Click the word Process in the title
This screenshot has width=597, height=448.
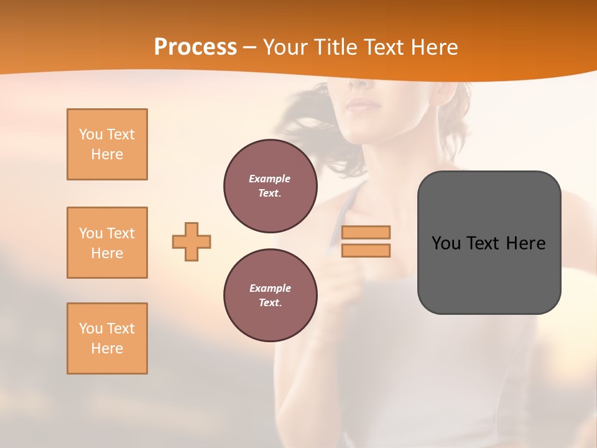click(x=195, y=47)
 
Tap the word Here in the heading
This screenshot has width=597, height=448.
click(x=433, y=47)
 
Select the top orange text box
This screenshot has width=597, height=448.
click(x=107, y=144)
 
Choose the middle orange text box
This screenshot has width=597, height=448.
click(x=107, y=243)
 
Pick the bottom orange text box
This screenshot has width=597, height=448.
click(x=107, y=338)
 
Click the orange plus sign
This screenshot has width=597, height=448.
click(x=192, y=241)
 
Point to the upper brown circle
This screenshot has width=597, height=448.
click(x=270, y=186)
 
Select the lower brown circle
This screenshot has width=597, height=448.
click(x=270, y=296)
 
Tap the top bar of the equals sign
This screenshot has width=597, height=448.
click(x=366, y=232)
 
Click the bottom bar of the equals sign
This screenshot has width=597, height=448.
click(x=366, y=251)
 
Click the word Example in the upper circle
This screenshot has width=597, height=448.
click(x=270, y=179)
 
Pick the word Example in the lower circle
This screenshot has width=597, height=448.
click(x=270, y=288)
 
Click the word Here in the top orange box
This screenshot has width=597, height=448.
click(x=107, y=154)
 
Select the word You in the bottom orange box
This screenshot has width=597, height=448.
click(x=91, y=329)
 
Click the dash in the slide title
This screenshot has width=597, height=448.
click(x=249, y=48)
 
